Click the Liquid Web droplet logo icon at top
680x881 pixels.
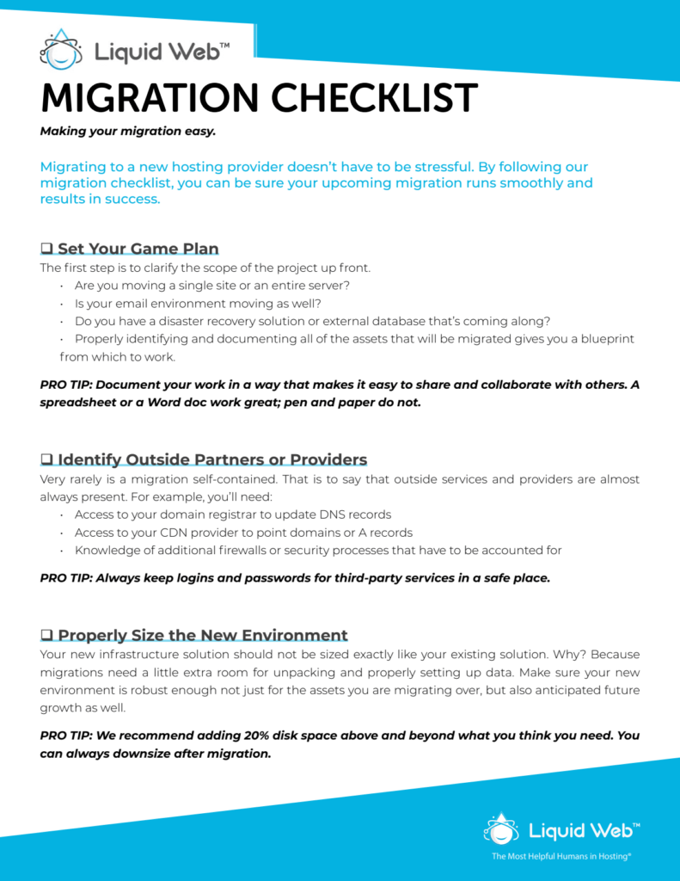point(61,50)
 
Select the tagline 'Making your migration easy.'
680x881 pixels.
point(127,132)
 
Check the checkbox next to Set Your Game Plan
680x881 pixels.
point(47,250)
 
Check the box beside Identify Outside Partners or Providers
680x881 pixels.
point(47,459)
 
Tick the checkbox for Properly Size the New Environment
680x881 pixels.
point(47,636)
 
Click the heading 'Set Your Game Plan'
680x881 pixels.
point(138,250)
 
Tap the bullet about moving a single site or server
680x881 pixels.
point(211,285)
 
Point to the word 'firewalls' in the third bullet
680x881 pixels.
point(250,551)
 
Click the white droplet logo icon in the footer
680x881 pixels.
point(501,829)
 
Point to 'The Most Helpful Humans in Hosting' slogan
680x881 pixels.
point(561,857)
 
